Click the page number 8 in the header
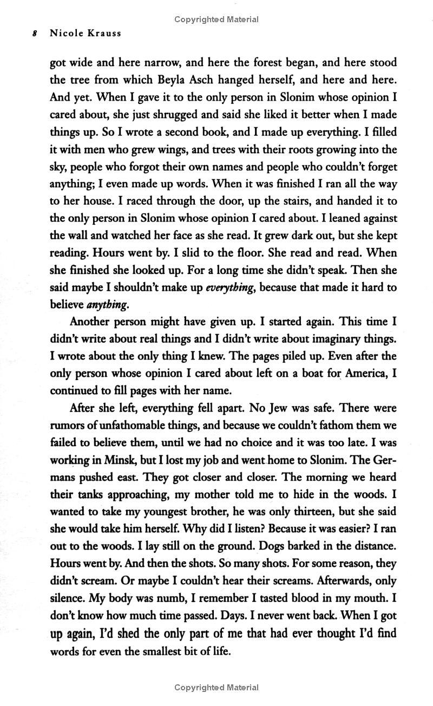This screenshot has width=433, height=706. [x=35, y=33]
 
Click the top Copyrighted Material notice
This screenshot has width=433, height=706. [x=216, y=19]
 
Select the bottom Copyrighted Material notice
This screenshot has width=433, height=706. [x=216, y=688]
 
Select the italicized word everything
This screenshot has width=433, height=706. [x=229, y=288]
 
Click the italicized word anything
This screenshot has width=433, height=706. [x=108, y=305]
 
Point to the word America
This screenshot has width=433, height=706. [x=358, y=374]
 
